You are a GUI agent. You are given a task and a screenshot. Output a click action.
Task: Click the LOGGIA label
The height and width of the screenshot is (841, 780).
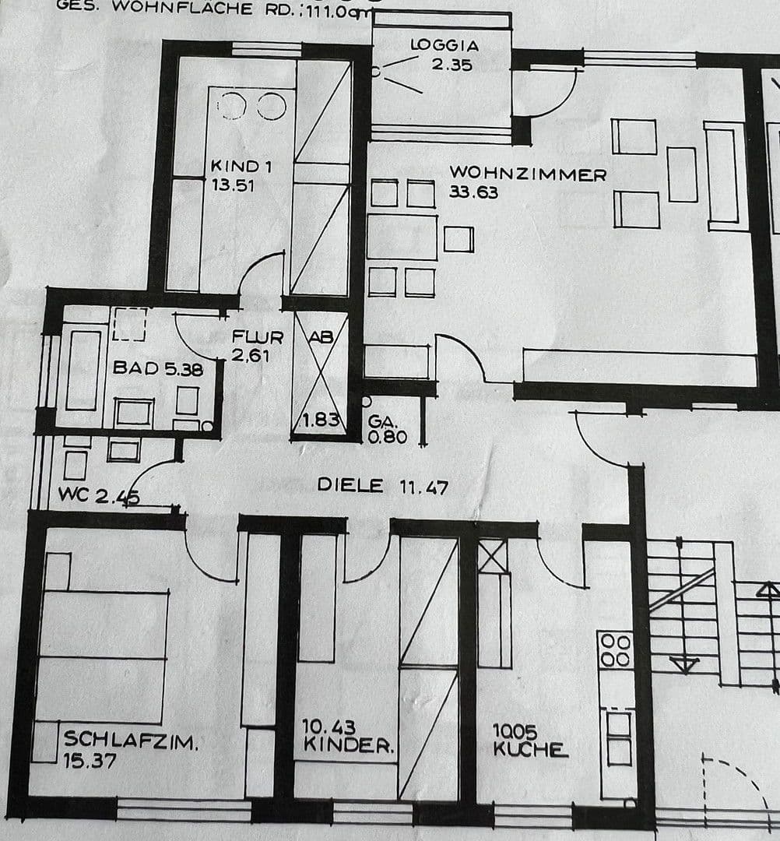coord(444,45)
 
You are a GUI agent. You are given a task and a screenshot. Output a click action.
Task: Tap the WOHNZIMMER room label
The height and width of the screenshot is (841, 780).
coord(527,174)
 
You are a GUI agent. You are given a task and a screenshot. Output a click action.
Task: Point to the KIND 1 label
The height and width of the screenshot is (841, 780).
coord(234,166)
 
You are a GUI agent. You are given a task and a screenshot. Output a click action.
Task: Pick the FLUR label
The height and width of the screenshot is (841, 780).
coord(257,337)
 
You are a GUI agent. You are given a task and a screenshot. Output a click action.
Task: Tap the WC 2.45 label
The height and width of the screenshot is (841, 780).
coord(98,494)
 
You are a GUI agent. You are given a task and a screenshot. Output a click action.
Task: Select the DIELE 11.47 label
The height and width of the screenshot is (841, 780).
coord(382,486)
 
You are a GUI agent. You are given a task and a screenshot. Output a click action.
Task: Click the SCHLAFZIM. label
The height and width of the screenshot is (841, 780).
coord(131,740)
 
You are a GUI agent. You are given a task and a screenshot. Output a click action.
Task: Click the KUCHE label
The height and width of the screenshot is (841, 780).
coord(530,750)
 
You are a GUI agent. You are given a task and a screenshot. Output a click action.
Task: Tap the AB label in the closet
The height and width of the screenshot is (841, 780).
coord(321,337)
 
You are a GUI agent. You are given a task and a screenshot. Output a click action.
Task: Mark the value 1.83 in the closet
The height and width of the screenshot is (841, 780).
coord(319,420)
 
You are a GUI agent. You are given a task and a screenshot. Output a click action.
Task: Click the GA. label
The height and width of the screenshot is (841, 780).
coord(380,420)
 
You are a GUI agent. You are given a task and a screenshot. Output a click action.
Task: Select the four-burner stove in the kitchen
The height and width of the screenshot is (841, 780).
coord(615,649)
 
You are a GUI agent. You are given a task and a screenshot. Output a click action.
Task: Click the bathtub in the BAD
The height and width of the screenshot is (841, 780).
coord(83,370)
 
